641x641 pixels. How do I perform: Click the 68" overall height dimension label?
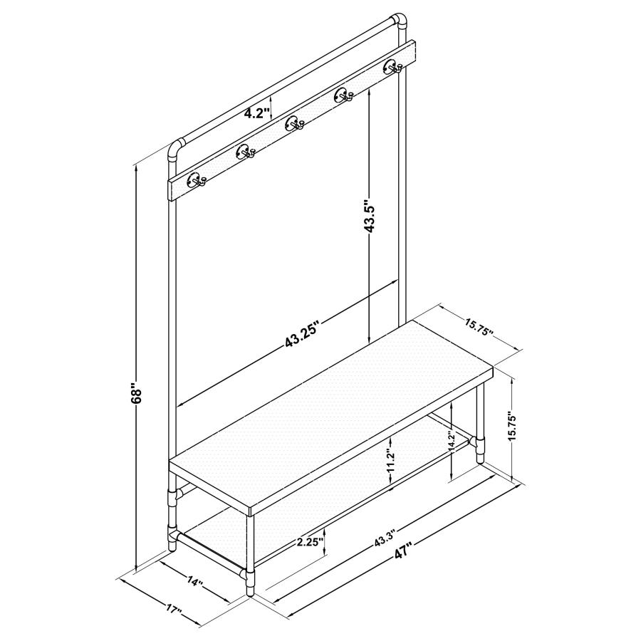tap(137, 392)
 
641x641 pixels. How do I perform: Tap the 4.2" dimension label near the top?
tap(255, 113)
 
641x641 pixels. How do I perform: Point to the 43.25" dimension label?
tap(301, 335)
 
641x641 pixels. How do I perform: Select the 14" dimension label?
tap(195, 582)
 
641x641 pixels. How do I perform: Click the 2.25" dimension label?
tap(311, 542)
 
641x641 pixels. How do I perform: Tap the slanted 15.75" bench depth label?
tap(479, 327)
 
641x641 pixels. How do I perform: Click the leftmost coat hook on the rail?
tap(195, 180)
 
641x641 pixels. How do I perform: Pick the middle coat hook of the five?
tap(293, 124)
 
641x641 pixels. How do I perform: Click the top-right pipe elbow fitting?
tap(399, 23)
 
